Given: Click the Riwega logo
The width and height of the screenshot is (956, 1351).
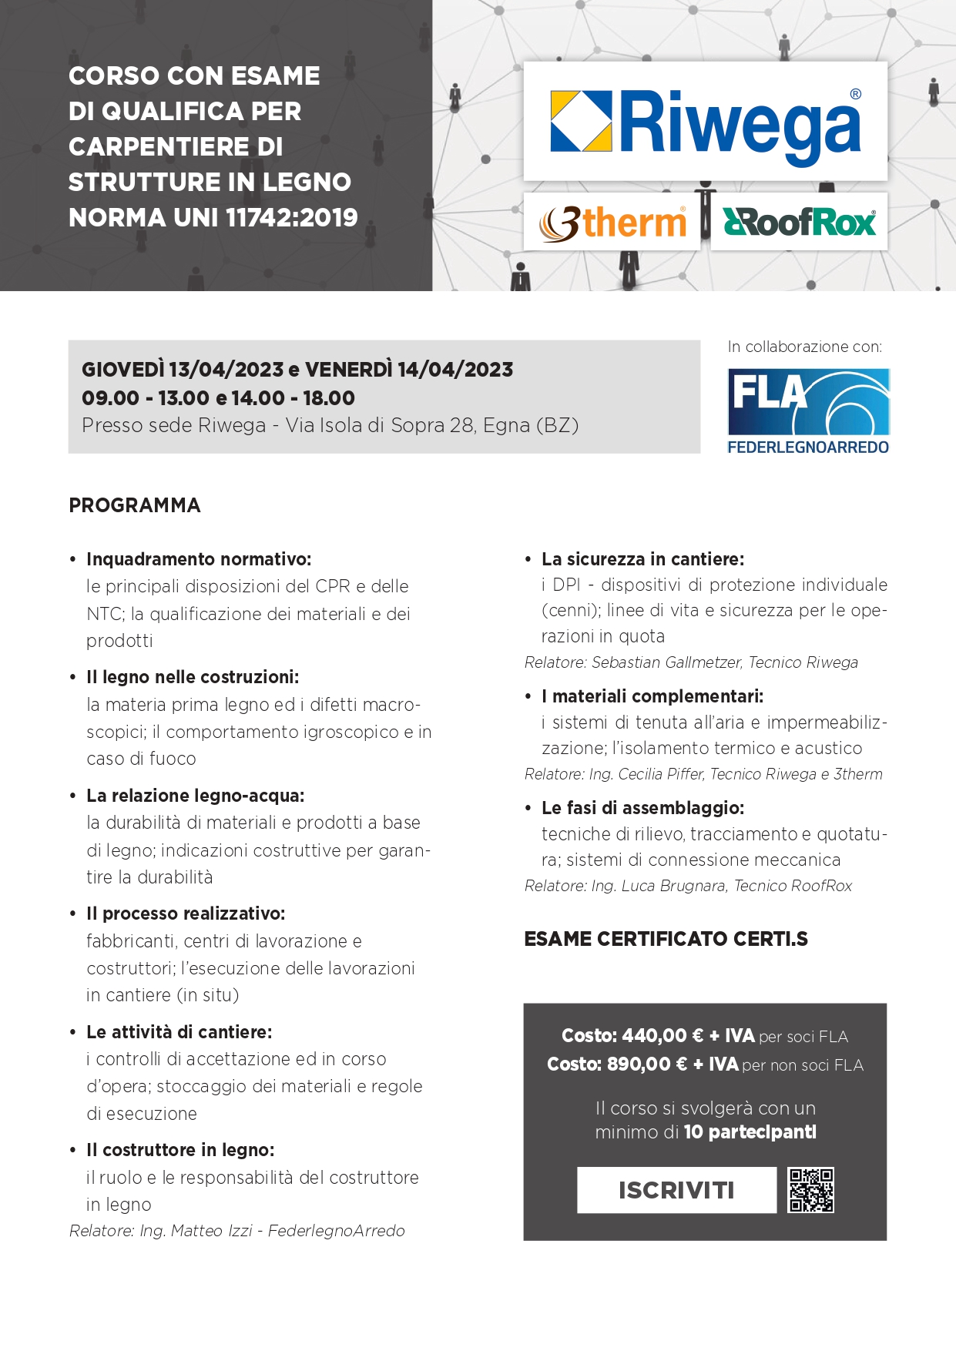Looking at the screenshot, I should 705,122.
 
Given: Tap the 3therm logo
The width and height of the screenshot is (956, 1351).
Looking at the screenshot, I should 612,223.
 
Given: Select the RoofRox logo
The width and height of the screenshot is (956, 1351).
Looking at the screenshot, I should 799,223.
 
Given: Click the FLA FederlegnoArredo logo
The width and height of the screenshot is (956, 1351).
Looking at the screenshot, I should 808,411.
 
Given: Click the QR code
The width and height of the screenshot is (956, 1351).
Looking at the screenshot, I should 811,1190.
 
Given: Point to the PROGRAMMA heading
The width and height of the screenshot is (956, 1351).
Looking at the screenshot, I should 135,505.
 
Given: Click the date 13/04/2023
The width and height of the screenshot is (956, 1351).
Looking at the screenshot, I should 226,370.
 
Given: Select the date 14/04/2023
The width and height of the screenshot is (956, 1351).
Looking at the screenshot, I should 455,370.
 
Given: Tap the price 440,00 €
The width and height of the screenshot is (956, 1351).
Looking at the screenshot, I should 662,1036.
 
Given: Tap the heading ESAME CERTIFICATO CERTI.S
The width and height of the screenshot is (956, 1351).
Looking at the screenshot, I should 666,939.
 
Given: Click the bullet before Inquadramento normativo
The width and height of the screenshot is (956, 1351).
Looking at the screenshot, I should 73,560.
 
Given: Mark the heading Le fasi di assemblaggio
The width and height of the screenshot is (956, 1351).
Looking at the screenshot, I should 642,808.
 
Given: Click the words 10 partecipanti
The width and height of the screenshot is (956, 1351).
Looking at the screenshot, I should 750,1132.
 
